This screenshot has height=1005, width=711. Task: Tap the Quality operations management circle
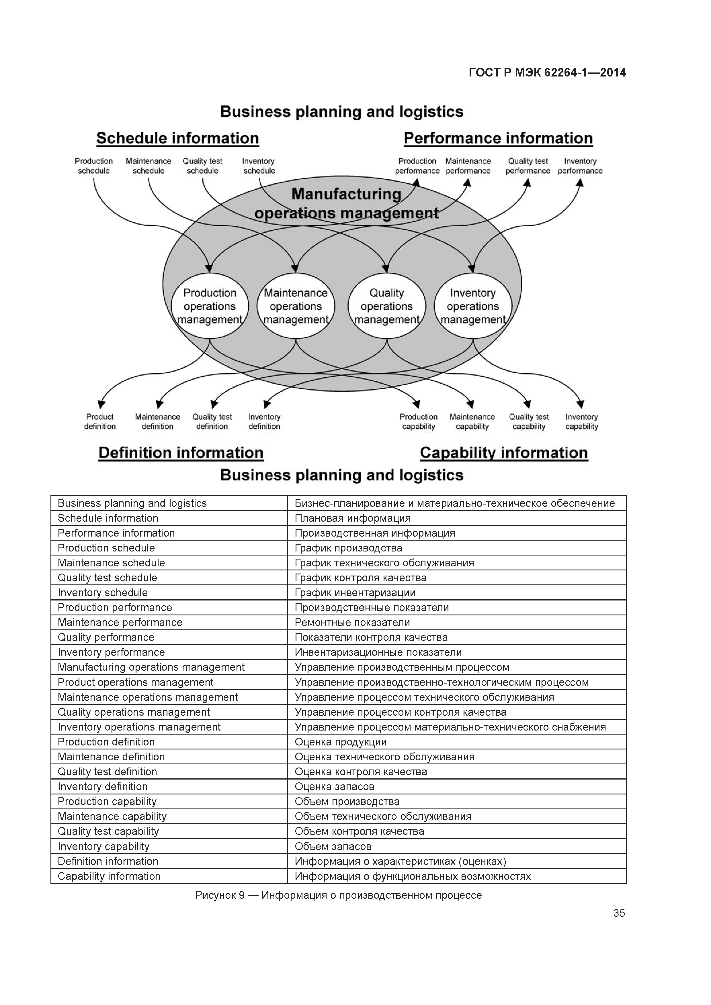386,306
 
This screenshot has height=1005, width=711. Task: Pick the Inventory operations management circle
473,306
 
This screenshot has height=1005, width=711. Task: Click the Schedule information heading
177,138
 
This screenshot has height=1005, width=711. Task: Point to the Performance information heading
498,138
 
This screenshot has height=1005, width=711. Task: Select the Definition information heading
181,453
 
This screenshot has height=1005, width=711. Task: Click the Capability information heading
504,453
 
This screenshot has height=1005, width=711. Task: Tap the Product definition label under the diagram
100,421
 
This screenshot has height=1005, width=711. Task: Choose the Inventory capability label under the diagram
581,421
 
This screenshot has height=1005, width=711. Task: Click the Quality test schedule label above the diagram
202,166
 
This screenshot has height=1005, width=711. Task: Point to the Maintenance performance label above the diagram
468,166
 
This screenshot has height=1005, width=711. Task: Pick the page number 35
619,913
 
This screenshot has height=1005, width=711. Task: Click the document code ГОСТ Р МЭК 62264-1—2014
547,73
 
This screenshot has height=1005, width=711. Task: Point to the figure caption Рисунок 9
338,895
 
